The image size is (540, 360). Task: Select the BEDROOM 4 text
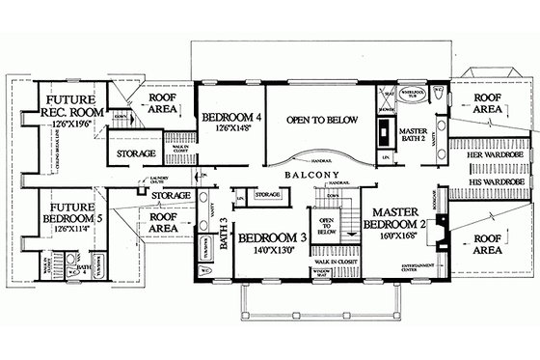pyautogui.click(x=230, y=119)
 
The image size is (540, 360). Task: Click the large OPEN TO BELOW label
pyautogui.click(x=322, y=120)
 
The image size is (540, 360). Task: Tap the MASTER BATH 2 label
pyautogui.click(x=413, y=136)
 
